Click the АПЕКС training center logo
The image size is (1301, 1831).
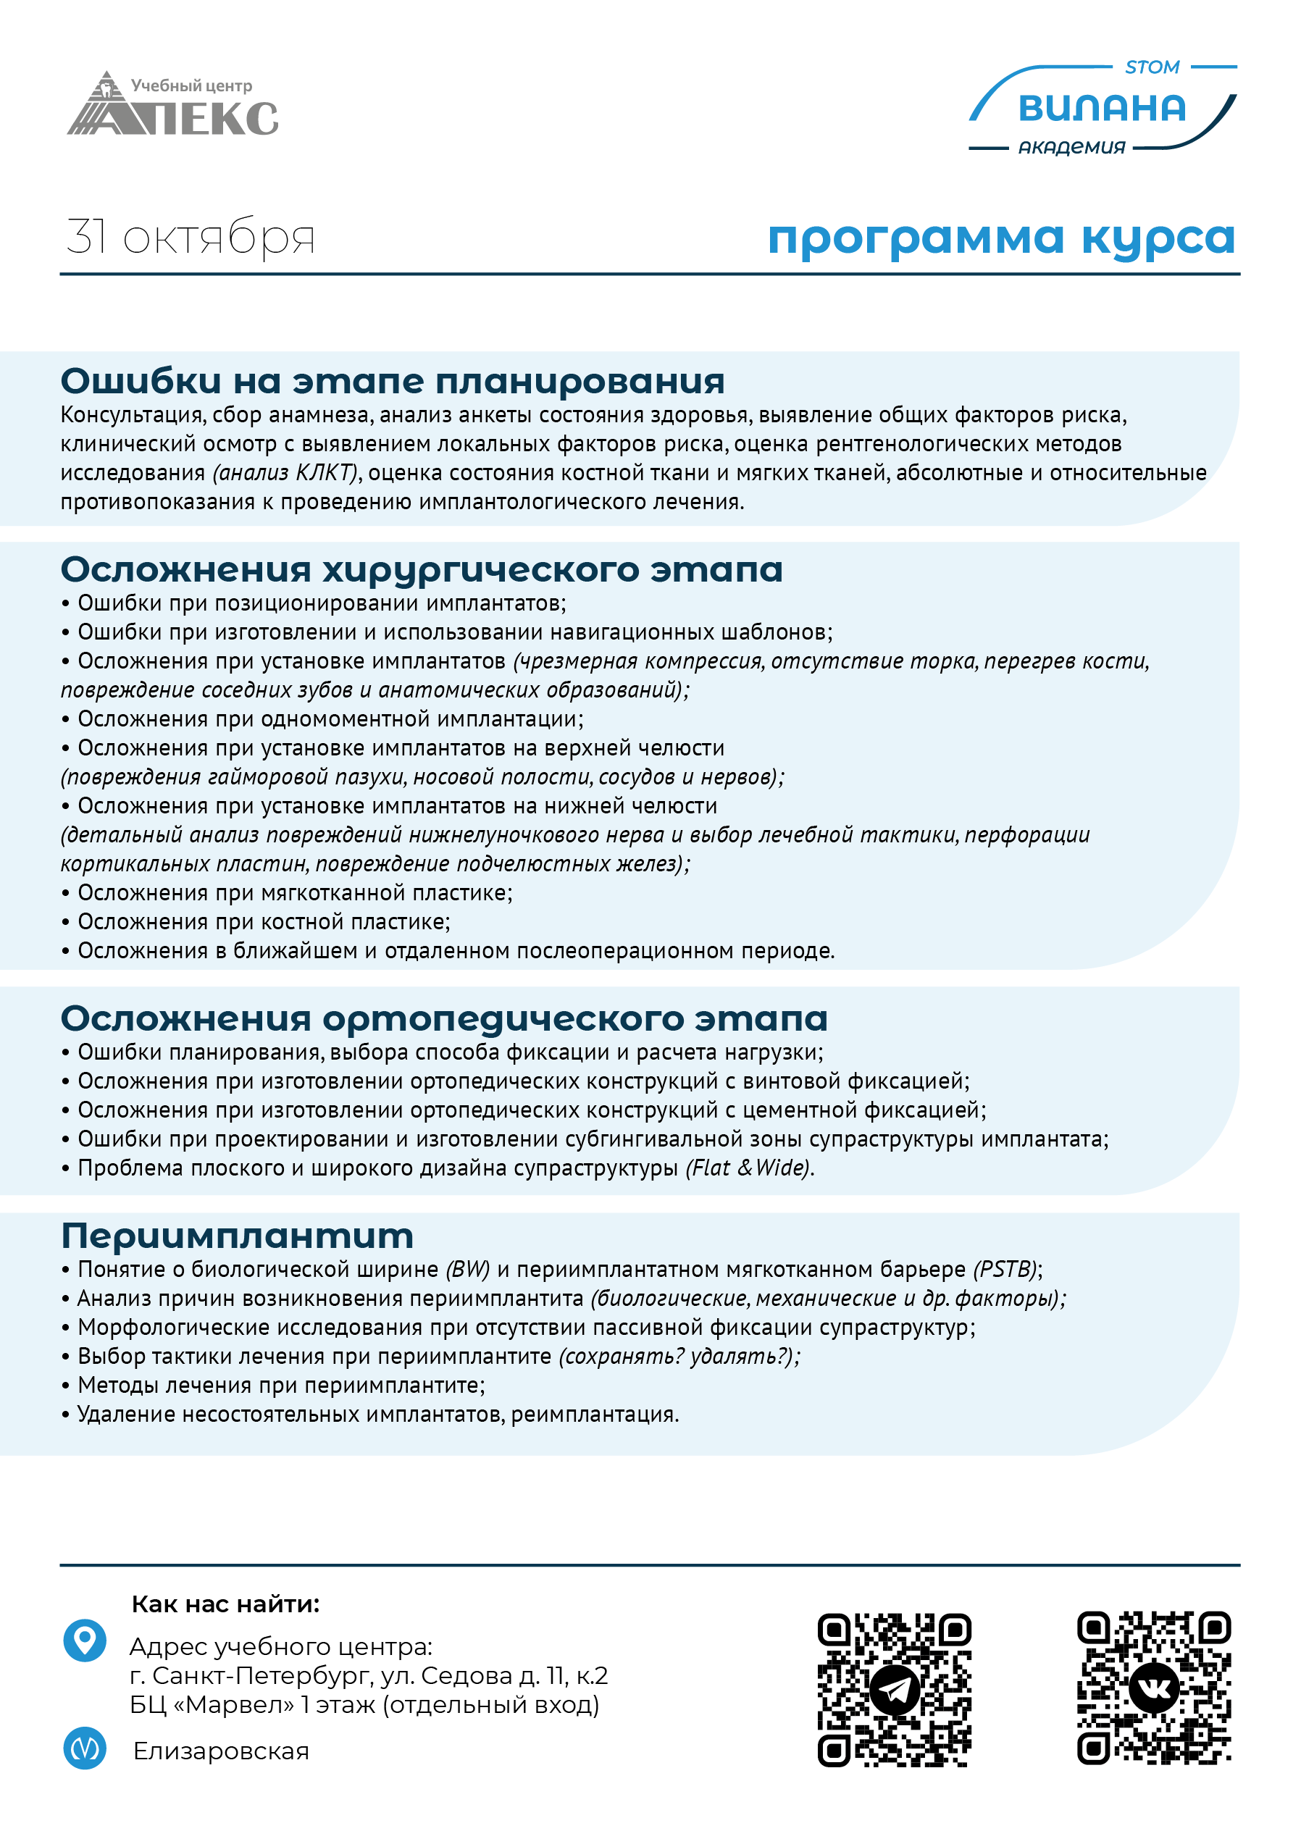(x=173, y=105)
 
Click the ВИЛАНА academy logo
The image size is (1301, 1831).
(x=1102, y=108)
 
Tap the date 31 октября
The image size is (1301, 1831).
(x=191, y=237)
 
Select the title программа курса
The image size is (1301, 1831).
(x=1000, y=238)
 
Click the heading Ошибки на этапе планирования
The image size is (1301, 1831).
(x=393, y=381)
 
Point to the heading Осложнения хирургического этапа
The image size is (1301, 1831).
(x=422, y=570)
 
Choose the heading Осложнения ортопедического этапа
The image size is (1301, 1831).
(x=444, y=1019)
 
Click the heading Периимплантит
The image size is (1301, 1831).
(x=237, y=1236)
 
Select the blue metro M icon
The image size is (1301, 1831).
(x=85, y=1748)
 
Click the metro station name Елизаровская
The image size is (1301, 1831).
(x=221, y=1751)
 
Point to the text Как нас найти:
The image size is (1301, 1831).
(x=225, y=1604)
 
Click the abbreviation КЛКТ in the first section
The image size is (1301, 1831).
(x=325, y=472)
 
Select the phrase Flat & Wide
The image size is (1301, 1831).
(x=749, y=1168)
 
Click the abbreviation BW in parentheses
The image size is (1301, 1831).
(x=468, y=1270)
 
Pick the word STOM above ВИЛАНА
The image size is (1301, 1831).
(x=1152, y=67)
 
